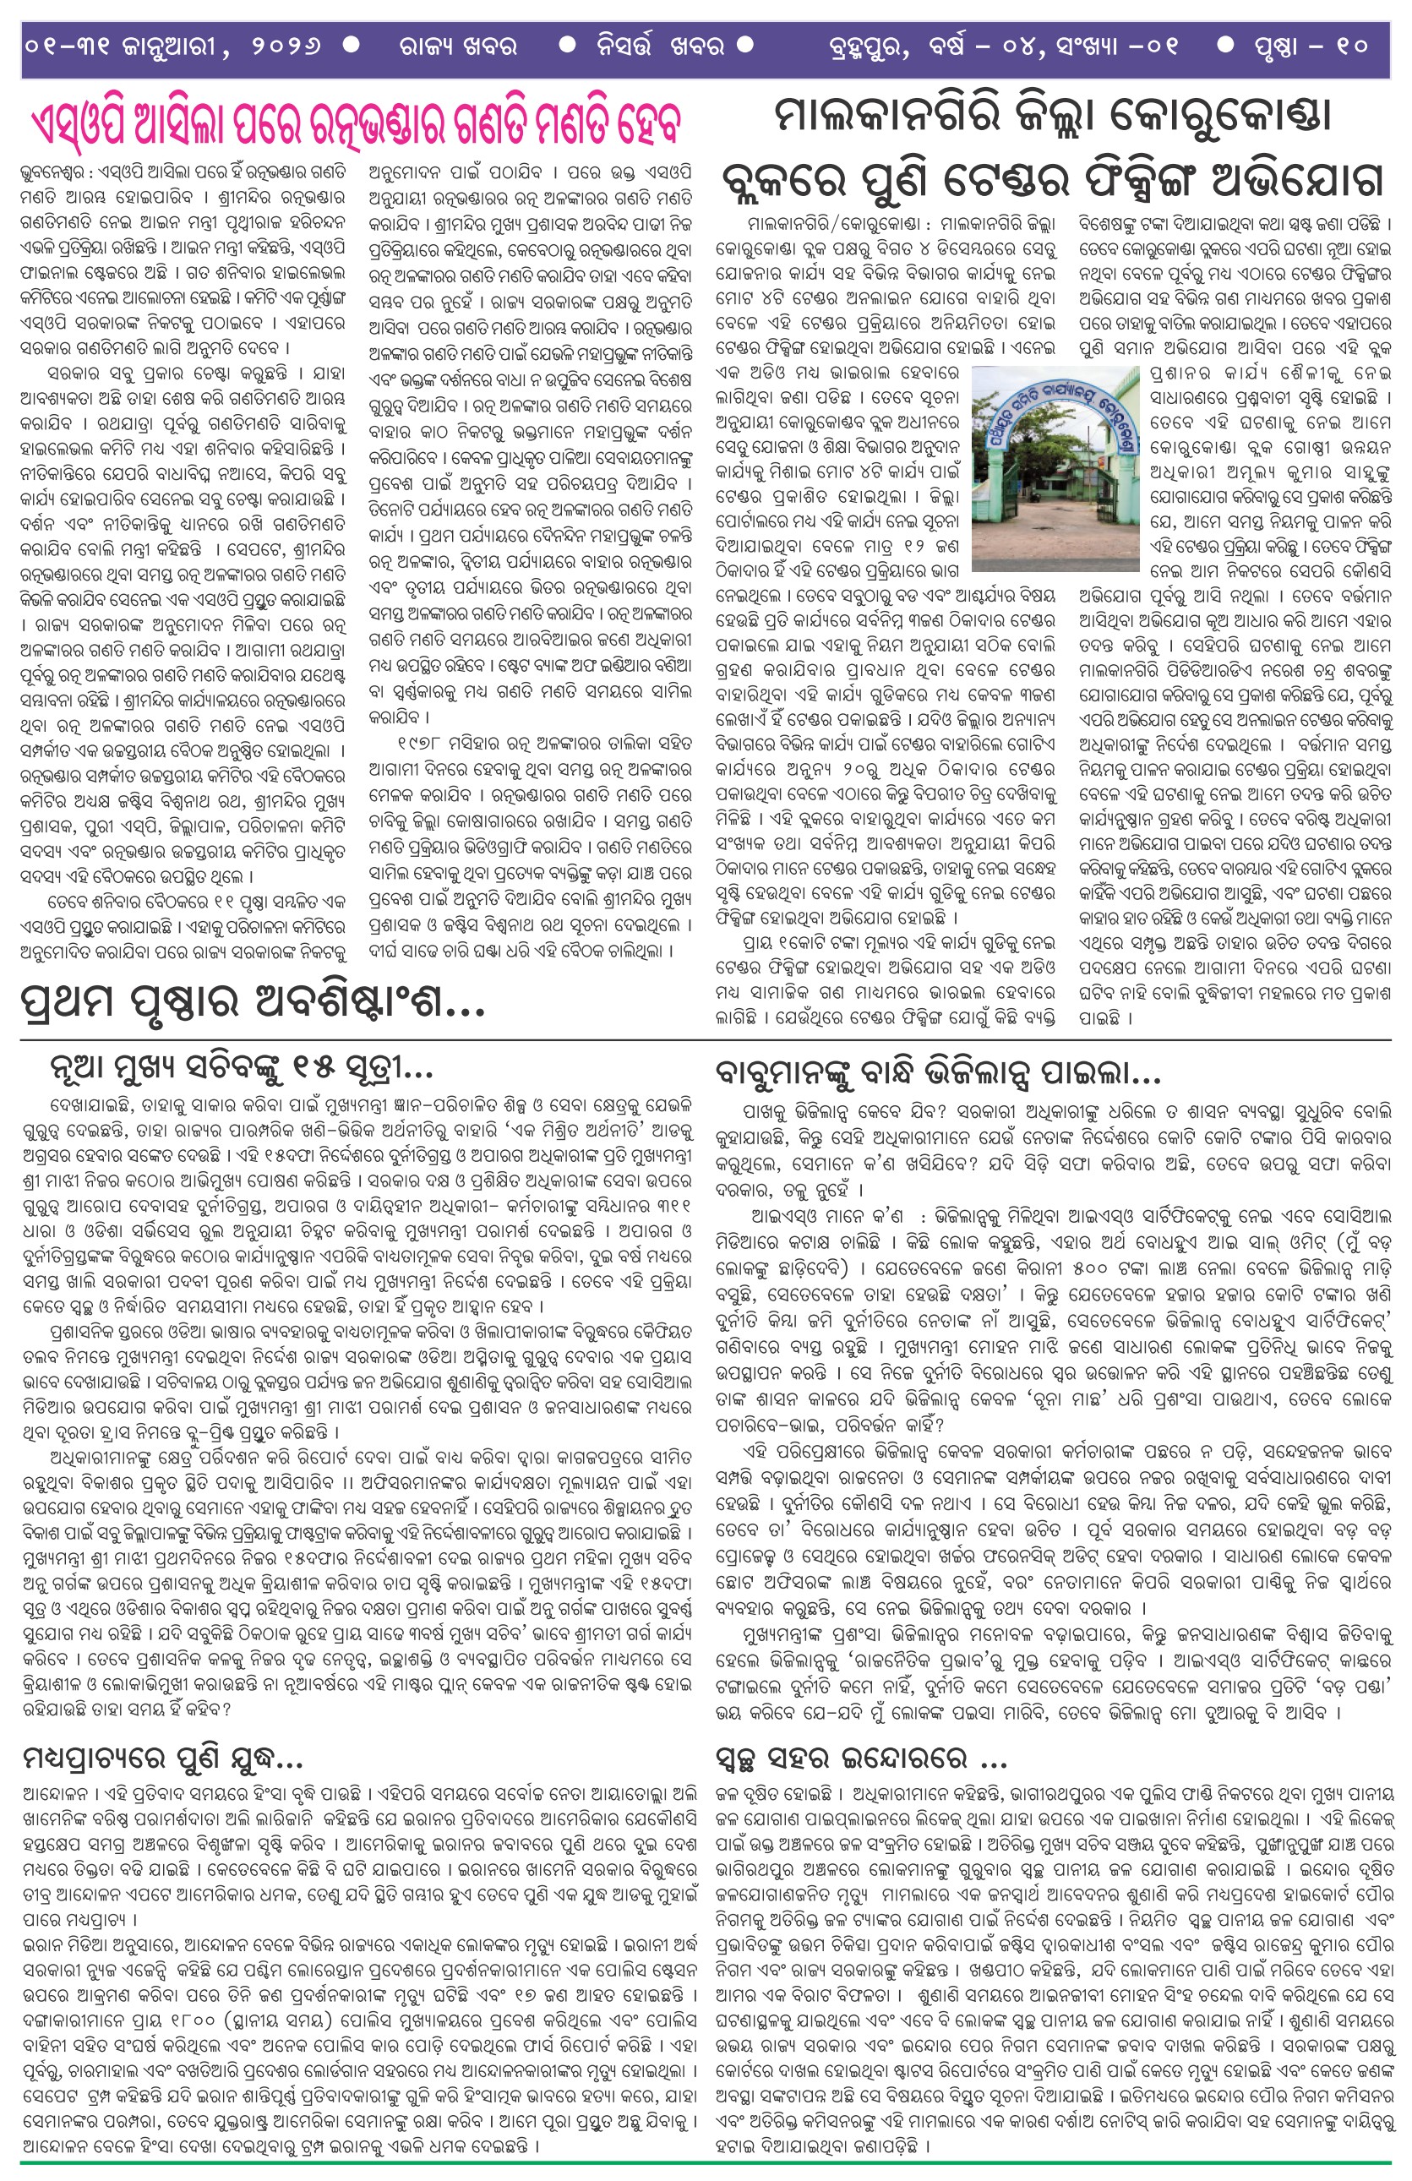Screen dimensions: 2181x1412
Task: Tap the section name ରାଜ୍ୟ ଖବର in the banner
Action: click(x=457, y=46)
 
